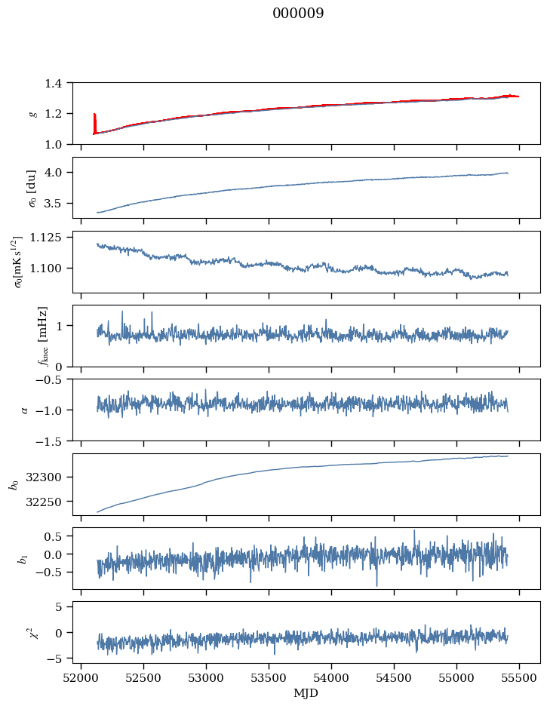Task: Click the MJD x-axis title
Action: pyautogui.click(x=306, y=692)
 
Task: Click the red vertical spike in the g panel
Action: pyautogui.click(x=94, y=122)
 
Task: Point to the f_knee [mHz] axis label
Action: pyautogui.click(x=43, y=336)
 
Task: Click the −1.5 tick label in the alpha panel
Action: pyautogui.click(x=53, y=440)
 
